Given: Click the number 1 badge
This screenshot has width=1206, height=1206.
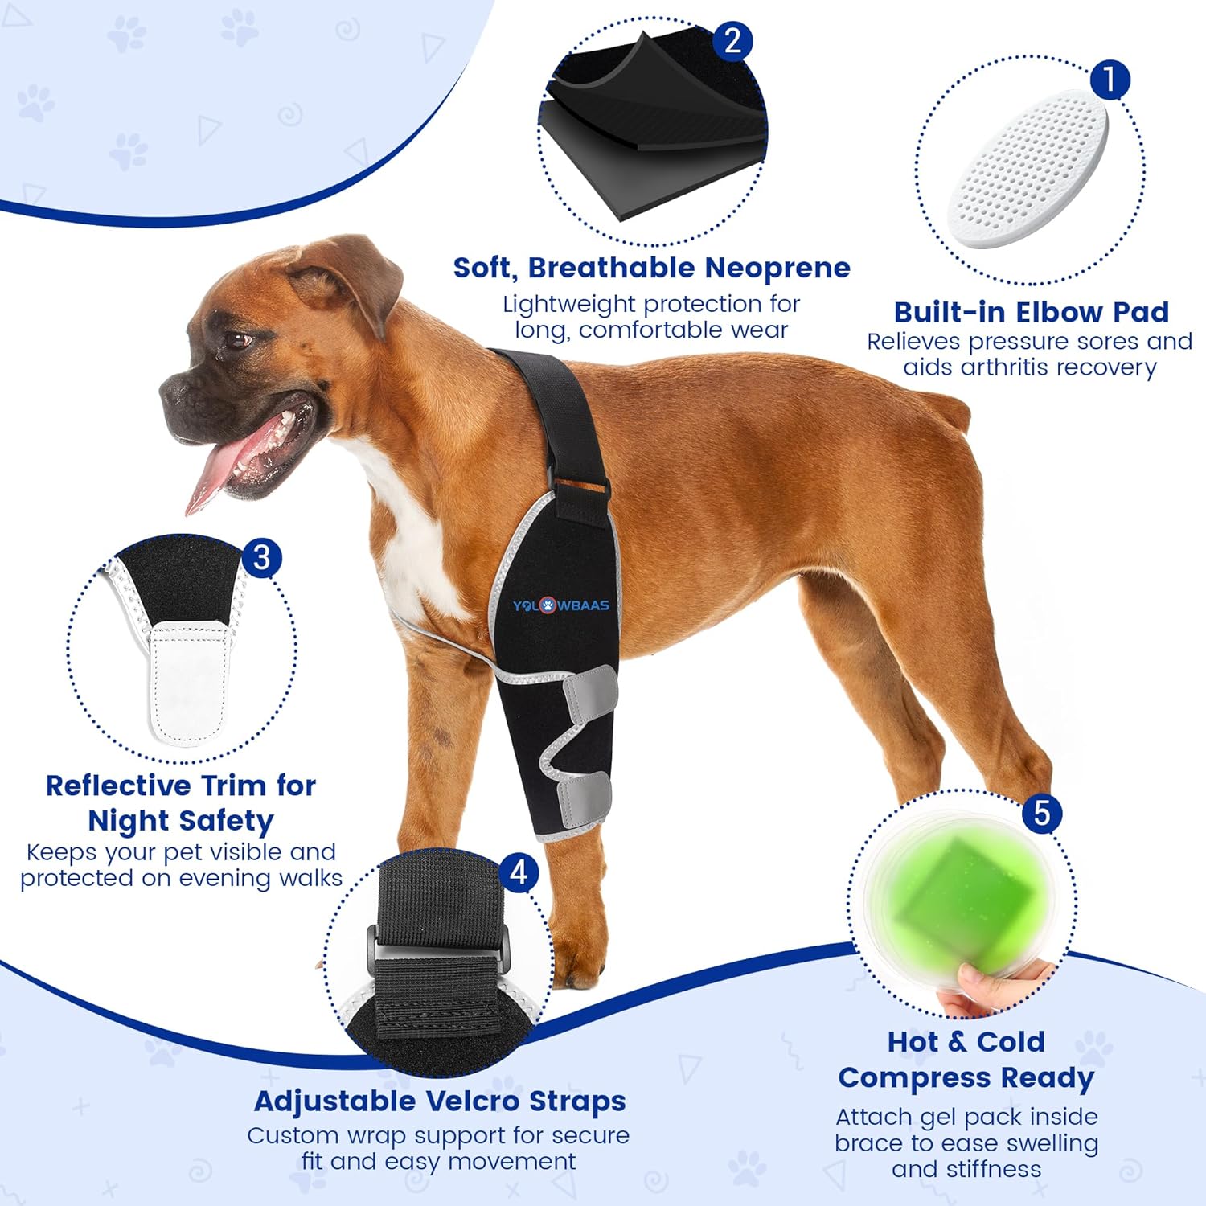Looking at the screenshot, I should [1110, 80].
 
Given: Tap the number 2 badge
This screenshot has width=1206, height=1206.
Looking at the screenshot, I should [732, 41].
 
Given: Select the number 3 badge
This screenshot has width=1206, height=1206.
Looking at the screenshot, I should [261, 557].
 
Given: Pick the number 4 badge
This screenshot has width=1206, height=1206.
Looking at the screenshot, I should [519, 872].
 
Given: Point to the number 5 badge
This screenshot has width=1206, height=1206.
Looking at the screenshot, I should [1041, 813].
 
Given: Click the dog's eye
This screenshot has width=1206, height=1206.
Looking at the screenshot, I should [237, 340].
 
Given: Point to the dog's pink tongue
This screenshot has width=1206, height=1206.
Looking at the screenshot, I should [213, 474].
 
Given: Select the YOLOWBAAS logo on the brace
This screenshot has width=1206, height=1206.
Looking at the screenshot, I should [560, 605].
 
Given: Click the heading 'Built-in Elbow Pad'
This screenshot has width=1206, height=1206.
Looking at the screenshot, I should [1031, 312].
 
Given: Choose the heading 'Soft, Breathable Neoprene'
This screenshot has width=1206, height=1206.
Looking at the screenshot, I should [651, 268].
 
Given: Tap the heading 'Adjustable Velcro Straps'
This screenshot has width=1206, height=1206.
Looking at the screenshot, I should [439, 1101].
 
